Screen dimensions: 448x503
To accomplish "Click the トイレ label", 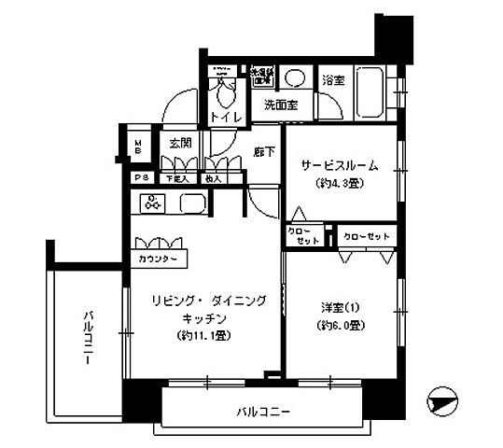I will point(226,118).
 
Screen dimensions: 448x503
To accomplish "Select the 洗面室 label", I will point(279,105).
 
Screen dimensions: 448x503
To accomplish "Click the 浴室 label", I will point(333,80).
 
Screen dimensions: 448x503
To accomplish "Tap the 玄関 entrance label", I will point(180,143).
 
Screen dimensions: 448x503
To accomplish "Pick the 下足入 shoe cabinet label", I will point(175,177).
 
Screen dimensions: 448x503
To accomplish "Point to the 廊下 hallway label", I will point(263,150).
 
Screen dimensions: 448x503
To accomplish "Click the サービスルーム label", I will point(339,165).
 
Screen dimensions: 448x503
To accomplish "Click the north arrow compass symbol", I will point(441,403).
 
